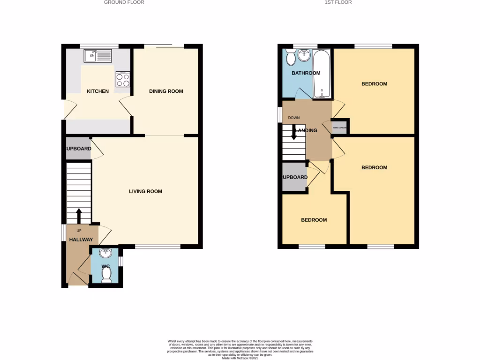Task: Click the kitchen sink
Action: point(98,57)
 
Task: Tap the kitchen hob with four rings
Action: point(123,79)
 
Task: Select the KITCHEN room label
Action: point(97,91)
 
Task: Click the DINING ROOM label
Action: point(166,91)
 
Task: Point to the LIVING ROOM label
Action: point(146,191)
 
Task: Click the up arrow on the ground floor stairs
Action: point(79,216)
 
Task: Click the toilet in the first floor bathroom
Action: point(291,58)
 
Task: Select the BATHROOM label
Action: point(306,73)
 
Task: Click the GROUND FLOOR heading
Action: point(124,2)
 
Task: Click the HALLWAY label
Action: point(81,240)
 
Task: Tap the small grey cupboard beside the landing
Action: point(340,127)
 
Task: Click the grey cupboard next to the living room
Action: point(78,149)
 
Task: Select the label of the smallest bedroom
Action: point(314,220)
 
